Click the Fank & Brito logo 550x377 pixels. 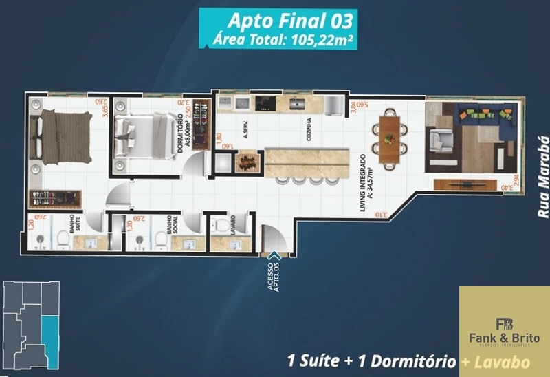[x=504, y=329]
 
